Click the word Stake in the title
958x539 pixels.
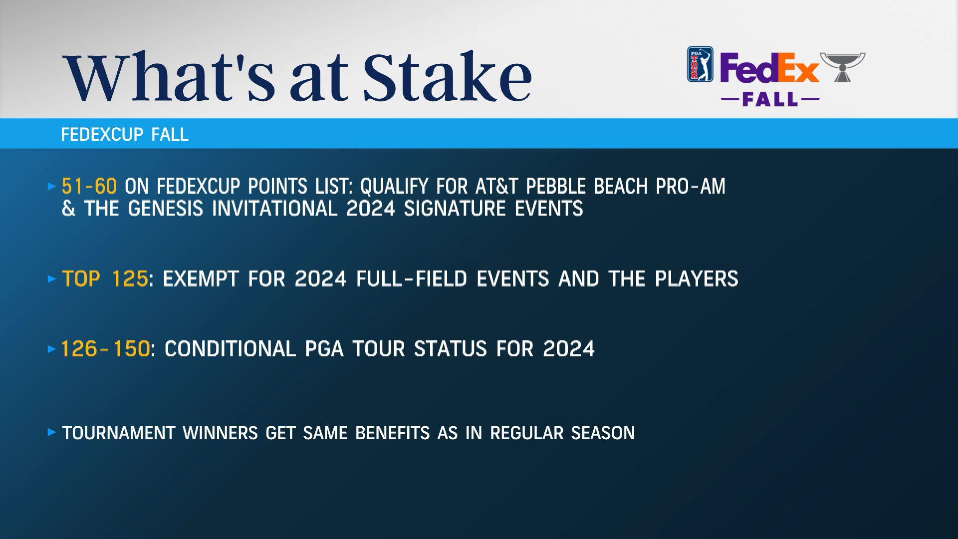tap(447, 75)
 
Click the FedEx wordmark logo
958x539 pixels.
tap(769, 68)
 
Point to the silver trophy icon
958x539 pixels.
tap(843, 67)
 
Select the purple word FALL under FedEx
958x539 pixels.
tap(770, 99)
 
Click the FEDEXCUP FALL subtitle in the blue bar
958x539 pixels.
tap(125, 134)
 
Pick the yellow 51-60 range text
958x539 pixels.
tap(89, 186)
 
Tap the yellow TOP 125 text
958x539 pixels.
tap(105, 278)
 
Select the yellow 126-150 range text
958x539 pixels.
tap(105, 348)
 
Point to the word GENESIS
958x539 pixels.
tap(166, 208)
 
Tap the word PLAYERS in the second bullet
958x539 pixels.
tap(697, 278)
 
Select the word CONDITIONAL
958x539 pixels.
tap(230, 348)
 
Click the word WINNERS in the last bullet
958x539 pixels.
tap(220, 433)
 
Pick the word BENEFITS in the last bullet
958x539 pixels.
tap(392, 433)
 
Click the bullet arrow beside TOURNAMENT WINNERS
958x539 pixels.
tap(51, 433)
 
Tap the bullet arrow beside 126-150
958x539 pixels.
tap(51, 349)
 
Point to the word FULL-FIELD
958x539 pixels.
tap(412, 278)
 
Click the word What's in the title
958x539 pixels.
tap(170, 75)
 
